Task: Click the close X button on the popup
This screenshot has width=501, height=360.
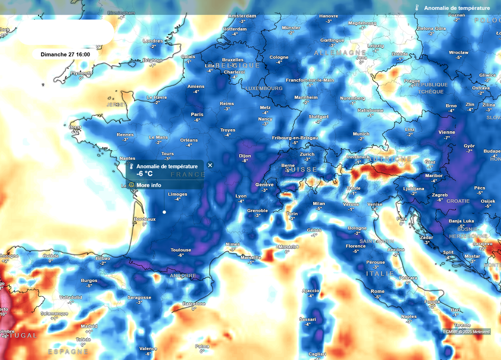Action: (210, 165)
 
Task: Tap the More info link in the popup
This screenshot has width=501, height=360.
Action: (149, 185)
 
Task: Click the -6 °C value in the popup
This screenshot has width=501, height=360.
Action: (145, 174)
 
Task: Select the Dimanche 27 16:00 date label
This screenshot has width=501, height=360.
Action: (65, 54)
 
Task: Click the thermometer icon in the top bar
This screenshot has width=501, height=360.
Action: (417, 8)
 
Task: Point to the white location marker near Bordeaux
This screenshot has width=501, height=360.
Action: (164, 212)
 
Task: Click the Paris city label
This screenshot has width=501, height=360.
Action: (197, 114)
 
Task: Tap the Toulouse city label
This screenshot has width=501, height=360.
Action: (181, 250)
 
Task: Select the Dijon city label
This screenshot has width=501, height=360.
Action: (245, 156)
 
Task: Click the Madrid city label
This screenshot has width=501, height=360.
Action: (89, 326)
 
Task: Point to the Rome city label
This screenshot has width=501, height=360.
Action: (377, 292)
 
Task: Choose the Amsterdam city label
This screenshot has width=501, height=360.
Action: (242, 16)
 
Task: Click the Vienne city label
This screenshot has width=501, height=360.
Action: (447, 132)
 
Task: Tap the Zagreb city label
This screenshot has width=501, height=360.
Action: (440, 195)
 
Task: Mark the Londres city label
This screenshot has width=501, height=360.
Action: (153, 41)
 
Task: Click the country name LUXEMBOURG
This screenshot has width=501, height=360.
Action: (264, 88)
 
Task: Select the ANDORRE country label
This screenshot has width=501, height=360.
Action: (182, 276)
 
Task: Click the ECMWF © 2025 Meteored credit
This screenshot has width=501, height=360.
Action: (466, 332)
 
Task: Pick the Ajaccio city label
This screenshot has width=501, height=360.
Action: (311, 291)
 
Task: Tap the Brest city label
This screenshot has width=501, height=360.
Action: (75, 127)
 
